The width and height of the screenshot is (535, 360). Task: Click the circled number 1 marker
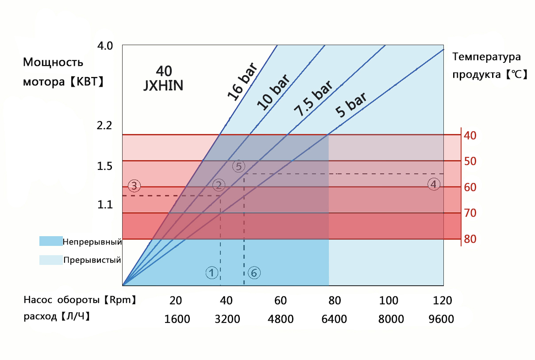pos(212,273)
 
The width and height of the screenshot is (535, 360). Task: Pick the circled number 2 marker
pos(218,185)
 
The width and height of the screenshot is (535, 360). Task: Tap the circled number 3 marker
pos(134,185)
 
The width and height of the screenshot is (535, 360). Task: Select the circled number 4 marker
pos(434,184)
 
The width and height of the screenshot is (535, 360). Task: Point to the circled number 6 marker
pos(254,273)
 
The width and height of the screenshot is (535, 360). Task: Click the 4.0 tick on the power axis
pos(105,46)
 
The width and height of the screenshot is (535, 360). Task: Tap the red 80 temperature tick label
pos(470,239)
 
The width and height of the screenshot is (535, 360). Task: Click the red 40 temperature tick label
pos(470,135)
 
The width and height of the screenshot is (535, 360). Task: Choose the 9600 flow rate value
pos(442,319)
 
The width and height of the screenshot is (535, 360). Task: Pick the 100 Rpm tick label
pos(389,301)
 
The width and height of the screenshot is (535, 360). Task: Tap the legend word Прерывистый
pos(92,260)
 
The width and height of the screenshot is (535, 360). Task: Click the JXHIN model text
pos(163,85)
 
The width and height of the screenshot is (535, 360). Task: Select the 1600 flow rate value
pos(177,319)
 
